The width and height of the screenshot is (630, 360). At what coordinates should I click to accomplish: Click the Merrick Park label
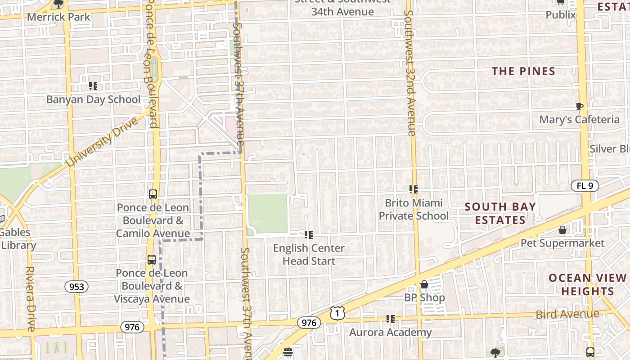pyautogui.click(x=59, y=17)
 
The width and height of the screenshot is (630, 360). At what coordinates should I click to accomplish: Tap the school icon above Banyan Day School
pyautogui.click(x=93, y=85)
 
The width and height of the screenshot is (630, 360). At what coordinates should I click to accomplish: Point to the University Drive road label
pyautogui.click(x=102, y=143)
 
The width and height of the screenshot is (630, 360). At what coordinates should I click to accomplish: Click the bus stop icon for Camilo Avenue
pyautogui.click(x=153, y=194)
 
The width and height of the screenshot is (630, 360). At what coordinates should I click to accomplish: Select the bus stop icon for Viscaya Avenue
pyautogui.click(x=152, y=260)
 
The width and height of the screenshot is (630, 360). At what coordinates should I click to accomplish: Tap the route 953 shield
pyautogui.click(x=76, y=287)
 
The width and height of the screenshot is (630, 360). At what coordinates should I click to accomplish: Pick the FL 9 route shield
pyautogui.click(x=585, y=185)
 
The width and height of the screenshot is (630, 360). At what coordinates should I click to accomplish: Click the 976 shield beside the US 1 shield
pyautogui.click(x=309, y=323)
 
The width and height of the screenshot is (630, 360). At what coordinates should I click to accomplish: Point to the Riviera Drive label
pyautogui.click(x=30, y=299)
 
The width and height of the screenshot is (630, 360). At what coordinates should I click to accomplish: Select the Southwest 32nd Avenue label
pyautogui.click(x=409, y=67)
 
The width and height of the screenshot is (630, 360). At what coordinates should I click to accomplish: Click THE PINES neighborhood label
pyautogui.click(x=523, y=71)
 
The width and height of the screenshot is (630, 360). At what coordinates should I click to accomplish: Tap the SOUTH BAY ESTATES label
pyautogui.click(x=500, y=213)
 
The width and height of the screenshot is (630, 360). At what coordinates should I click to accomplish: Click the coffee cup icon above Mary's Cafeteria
pyautogui.click(x=580, y=106)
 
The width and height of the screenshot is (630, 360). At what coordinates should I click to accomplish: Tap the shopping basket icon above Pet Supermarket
pyautogui.click(x=562, y=230)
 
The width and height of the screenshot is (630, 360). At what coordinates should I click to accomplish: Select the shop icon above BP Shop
pyautogui.click(x=424, y=284)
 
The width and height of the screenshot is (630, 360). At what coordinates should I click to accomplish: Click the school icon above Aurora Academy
pyautogui.click(x=390, y=319)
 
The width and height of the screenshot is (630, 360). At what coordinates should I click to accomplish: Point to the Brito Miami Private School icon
pyautogui.click(x=413, y=189)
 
